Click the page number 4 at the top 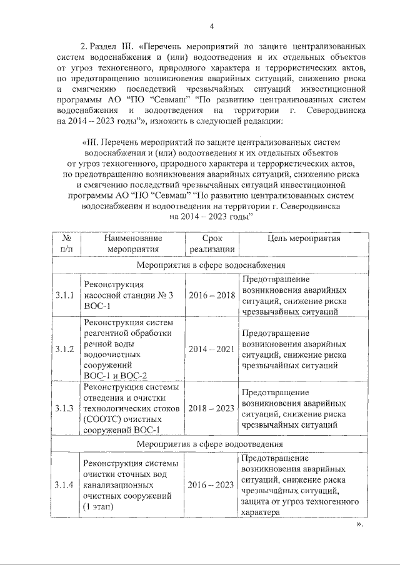(x=211, y=26)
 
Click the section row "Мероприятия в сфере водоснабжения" (x=211, y=265)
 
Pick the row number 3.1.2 (x=64, y=348)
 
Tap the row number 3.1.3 (x=64, y=408)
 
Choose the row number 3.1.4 (x=64, y=485)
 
